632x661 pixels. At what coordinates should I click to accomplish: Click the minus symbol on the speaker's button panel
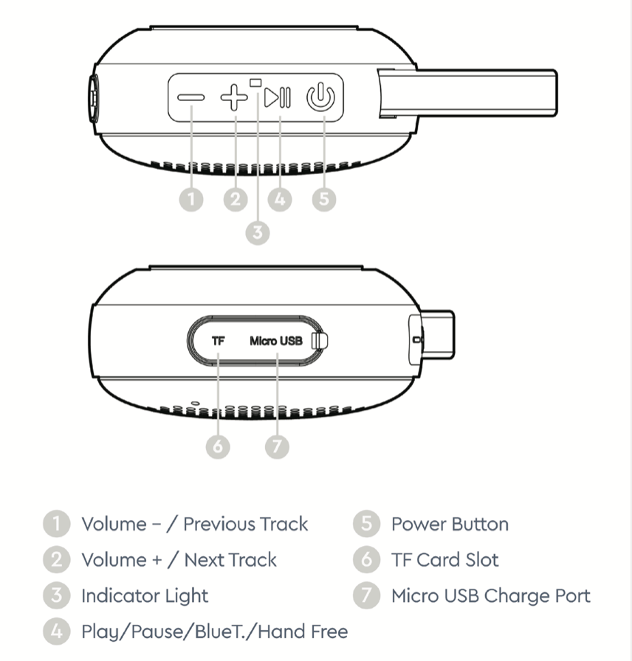190,97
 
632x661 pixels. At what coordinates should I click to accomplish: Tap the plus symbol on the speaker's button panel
235,97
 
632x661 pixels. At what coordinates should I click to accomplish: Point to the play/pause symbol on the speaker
279,97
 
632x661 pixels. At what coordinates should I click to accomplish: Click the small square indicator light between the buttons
257,83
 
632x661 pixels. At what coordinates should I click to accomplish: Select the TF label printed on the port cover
219,342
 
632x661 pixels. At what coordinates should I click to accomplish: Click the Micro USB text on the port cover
276,342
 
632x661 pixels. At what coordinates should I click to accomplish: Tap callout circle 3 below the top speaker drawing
257,232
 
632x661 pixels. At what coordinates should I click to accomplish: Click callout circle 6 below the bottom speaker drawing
219,446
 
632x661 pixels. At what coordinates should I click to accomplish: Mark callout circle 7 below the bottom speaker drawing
276,446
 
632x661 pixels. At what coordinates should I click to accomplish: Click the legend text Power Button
450,525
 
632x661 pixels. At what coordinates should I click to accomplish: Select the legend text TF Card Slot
444,560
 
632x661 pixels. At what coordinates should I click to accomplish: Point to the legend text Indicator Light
145,595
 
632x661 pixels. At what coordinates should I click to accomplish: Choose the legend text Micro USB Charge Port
491,595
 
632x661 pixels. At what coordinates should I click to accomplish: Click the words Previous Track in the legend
245,525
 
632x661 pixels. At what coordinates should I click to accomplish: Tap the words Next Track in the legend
230,560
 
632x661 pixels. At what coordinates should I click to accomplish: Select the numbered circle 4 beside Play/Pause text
56,631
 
